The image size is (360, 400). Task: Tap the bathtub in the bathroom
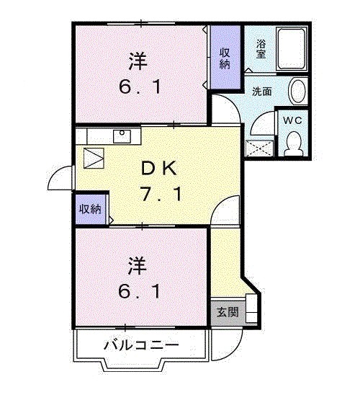click(292, 49)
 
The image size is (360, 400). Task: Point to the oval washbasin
click(297, 92)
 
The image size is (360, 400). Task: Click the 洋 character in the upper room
click(138, 61)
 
